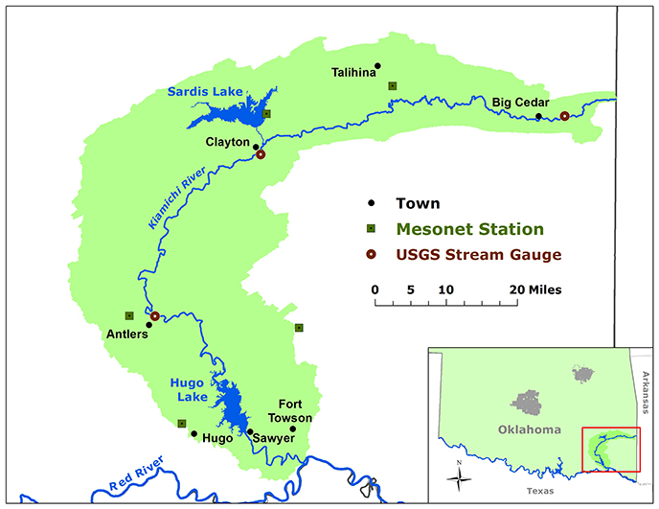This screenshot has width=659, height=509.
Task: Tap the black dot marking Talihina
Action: [377, 65]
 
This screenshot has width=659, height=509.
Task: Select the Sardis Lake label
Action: [205, 91]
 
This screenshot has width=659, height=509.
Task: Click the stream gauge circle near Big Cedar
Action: [564, 116]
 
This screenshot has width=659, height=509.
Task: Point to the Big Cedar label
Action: [519, 102]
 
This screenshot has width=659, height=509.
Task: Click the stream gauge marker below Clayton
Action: [260, 155]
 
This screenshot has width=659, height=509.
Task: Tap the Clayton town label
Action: [228, 141]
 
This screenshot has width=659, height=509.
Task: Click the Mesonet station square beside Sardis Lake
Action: [266, 113]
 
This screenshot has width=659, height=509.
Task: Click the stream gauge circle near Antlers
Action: [154, 315]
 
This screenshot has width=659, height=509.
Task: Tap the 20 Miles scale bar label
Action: [534, 289]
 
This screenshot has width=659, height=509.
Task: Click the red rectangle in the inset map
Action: [611, 443]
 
